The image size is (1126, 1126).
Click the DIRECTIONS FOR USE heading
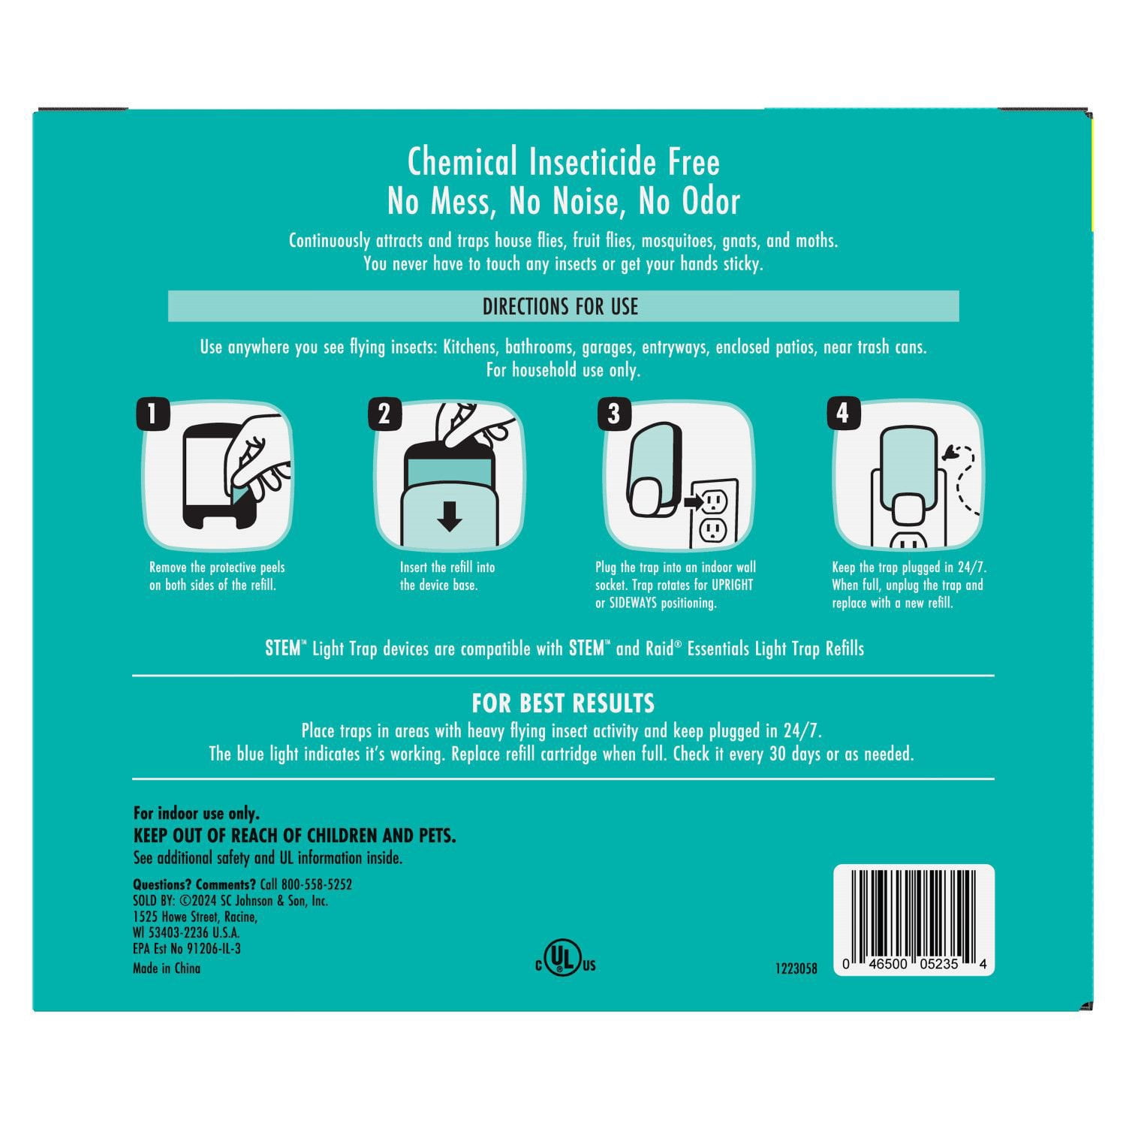[x=560, y=306]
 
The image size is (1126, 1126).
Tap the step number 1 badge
[x=153, y=414]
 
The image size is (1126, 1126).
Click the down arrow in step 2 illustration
[x=450, y=516]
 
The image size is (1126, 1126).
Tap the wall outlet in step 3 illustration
[x=714, y=513]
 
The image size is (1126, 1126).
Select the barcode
[x=914, y=920]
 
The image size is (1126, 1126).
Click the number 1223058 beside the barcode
[x=796, y=968]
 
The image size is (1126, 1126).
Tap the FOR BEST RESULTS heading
[x=563, y=703]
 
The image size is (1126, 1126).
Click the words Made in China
[x=167, y=968]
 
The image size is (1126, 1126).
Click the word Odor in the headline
[x=711, y=201]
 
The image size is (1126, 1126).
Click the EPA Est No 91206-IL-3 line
[x=187, y=948]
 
